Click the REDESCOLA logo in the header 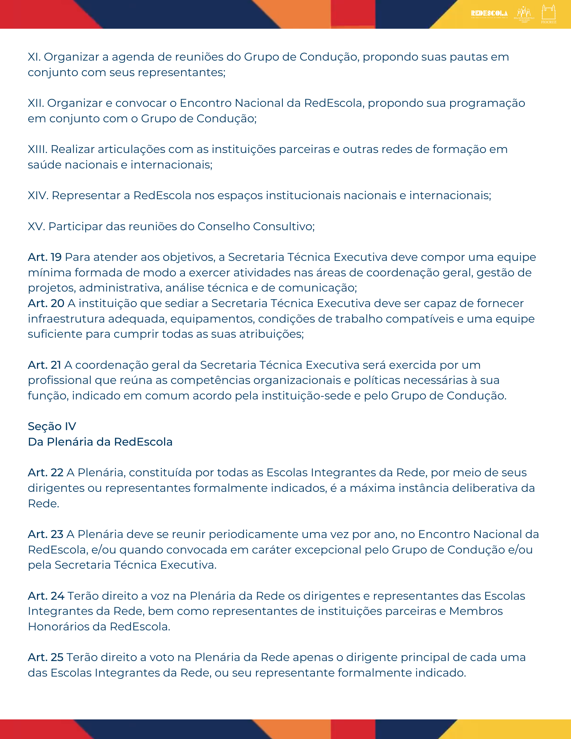pos(489,14)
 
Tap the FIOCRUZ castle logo pos(548,14)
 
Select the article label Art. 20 pos(46,303)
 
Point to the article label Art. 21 pos(44,365)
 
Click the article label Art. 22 pos(45,473)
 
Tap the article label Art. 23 pos(45,534)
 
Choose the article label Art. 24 pos(46,596)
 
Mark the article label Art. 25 pos(45,657)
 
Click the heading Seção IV pos(52,426)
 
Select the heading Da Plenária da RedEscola pos(100,442)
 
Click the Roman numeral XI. pos(34,57)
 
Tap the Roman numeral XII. pos(35,103)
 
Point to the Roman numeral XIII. pos(37,149)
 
